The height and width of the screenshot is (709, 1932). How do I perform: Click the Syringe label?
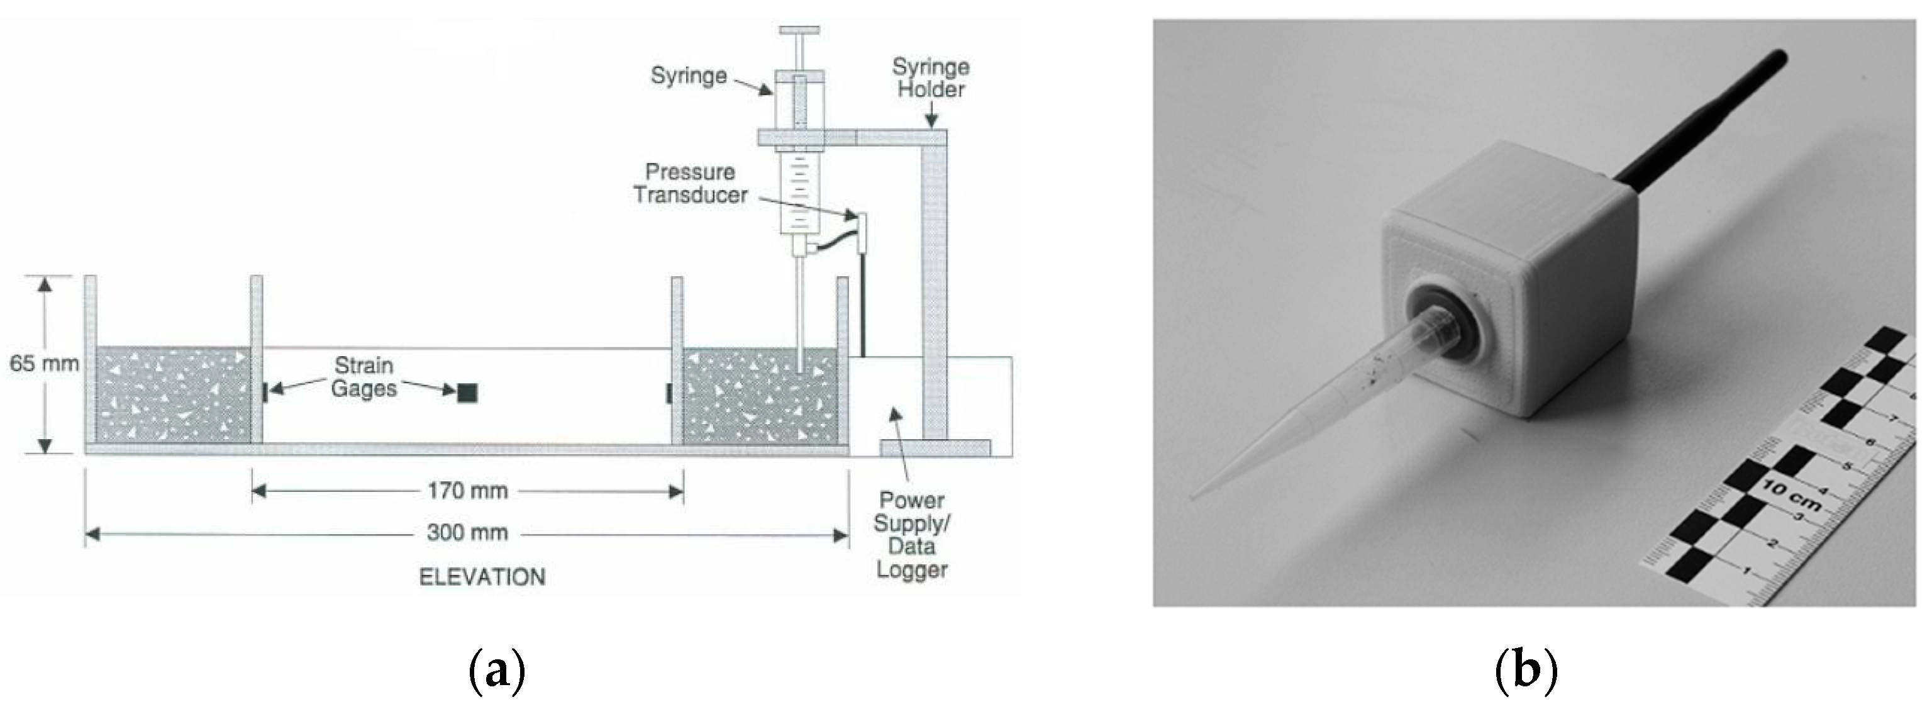(689, 75)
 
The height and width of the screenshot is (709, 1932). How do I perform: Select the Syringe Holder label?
(931, 78)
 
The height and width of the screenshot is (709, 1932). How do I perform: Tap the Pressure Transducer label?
(690, 183)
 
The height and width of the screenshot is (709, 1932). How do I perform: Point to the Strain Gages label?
(364, 377)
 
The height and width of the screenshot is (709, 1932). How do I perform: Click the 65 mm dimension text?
(44, 364)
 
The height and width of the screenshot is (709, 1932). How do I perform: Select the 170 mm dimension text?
(467, 491)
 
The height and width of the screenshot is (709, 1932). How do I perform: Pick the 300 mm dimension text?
(467, 533)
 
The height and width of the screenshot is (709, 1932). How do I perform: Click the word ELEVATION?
(482, 577)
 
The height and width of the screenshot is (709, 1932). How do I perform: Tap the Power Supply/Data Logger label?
(911, 534)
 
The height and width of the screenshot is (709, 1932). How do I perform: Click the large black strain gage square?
(467, 392)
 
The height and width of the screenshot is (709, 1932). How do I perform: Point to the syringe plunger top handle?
(800, 31)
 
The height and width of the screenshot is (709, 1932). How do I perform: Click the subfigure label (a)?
(496, 669)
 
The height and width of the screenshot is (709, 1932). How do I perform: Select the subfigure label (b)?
(1527, 669)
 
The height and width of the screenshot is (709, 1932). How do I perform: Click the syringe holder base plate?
(935, 448)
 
